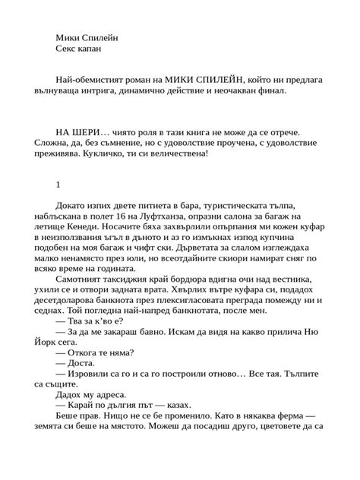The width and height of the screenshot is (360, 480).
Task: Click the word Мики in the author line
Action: coord(69,37)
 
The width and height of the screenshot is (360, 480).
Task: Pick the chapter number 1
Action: coord(58,185)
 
